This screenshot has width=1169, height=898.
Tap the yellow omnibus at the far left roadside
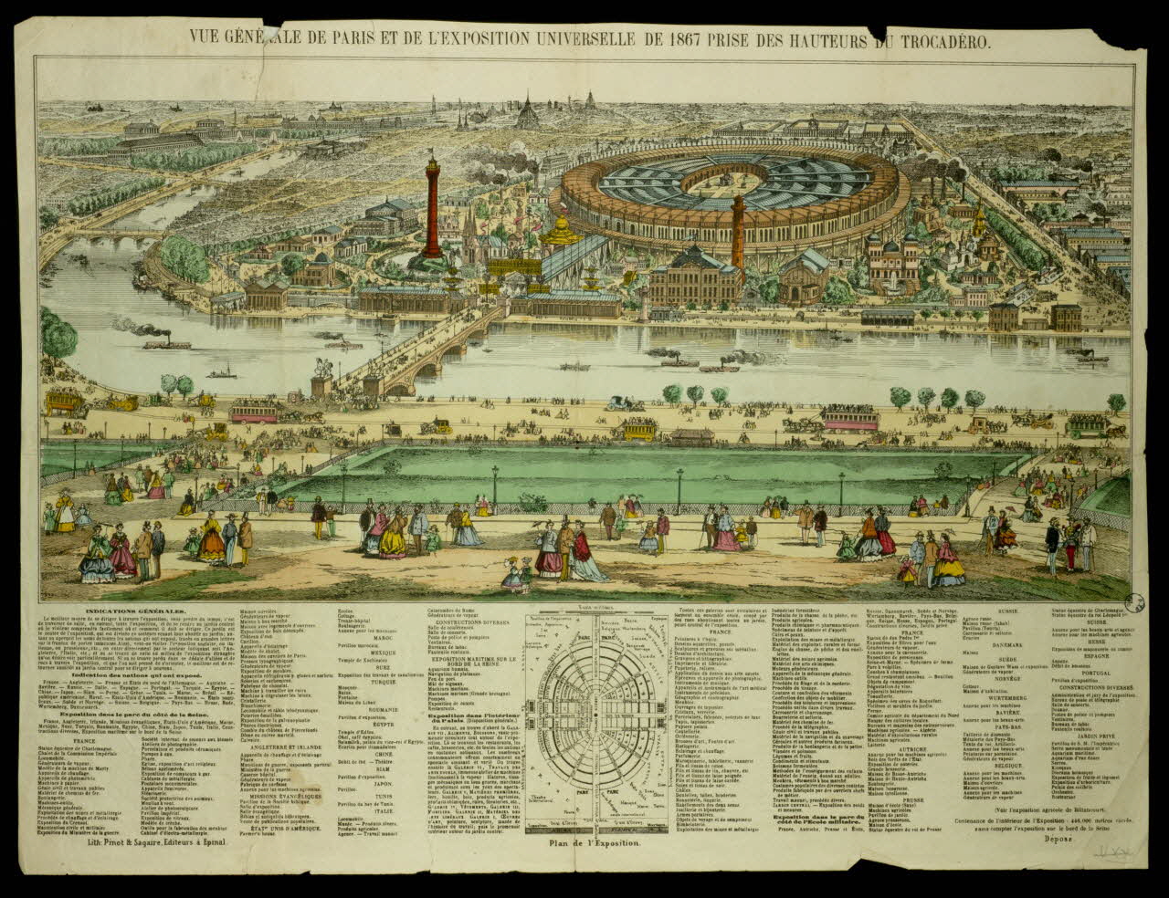63,399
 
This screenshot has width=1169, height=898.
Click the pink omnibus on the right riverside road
849,418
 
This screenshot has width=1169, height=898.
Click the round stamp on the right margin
1132,602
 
